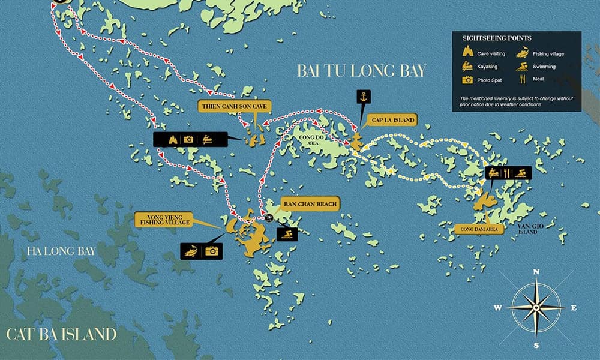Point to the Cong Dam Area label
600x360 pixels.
[478, 229]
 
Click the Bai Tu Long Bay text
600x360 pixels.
[361, 71]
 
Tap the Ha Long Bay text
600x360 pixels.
[60, 251]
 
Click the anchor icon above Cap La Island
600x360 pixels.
[362, 96]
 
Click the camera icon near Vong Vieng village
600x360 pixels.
[211, 251]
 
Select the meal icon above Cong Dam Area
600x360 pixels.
[508, 173]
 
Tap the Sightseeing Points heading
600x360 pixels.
[488, 38]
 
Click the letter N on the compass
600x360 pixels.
[535, 272]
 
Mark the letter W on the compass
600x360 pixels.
[498, 308]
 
